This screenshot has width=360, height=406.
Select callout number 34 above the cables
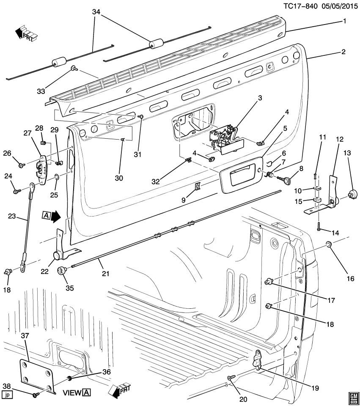97,12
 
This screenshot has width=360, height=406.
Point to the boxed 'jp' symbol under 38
7,395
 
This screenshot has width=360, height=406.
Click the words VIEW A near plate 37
77,392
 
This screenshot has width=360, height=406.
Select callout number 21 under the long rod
105,274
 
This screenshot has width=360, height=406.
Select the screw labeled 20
230,377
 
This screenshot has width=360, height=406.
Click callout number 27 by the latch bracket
28,133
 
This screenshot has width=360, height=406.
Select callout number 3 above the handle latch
260,98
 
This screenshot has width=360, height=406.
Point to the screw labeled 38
36,395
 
